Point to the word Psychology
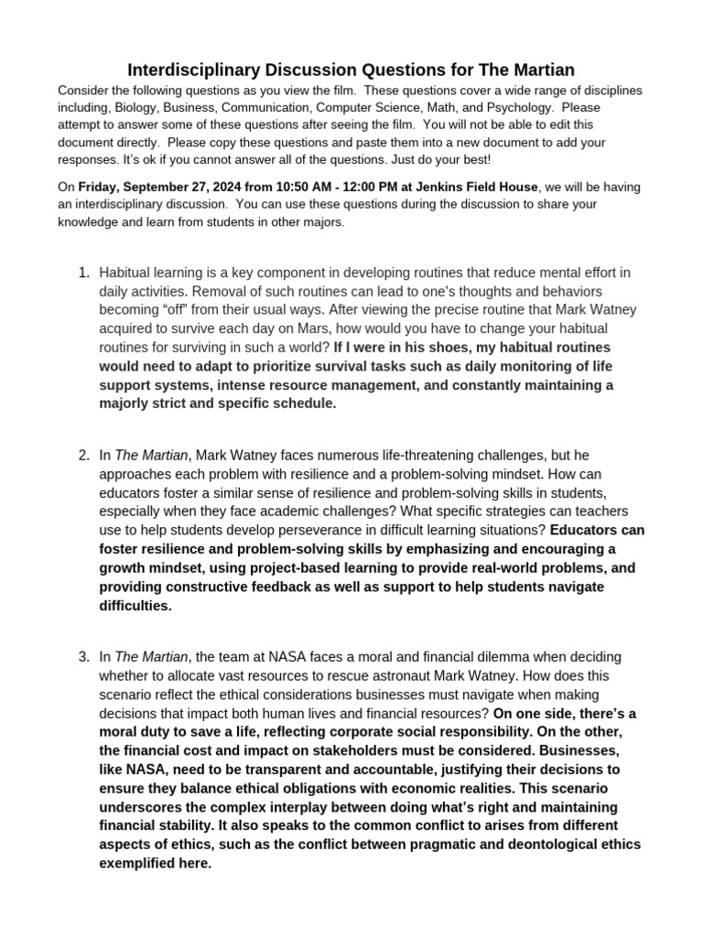point(518,108)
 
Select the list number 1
point(83,273)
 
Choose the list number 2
point(83,455)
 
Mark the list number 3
point(83,656)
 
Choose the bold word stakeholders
point(344,749)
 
